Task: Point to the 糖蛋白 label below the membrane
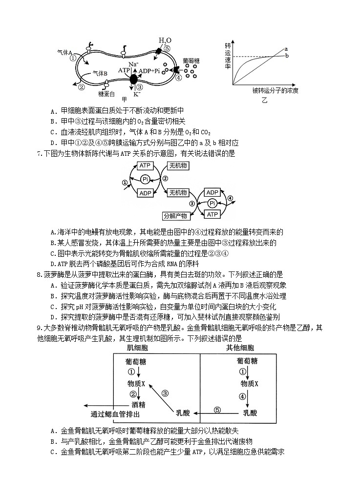click(106, 93)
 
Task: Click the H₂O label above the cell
click(165, 41)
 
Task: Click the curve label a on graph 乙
click(286, 49)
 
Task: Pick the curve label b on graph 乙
click(287, 56)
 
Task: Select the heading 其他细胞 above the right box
click(240, 348)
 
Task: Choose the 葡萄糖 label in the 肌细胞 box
click(137, 362)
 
